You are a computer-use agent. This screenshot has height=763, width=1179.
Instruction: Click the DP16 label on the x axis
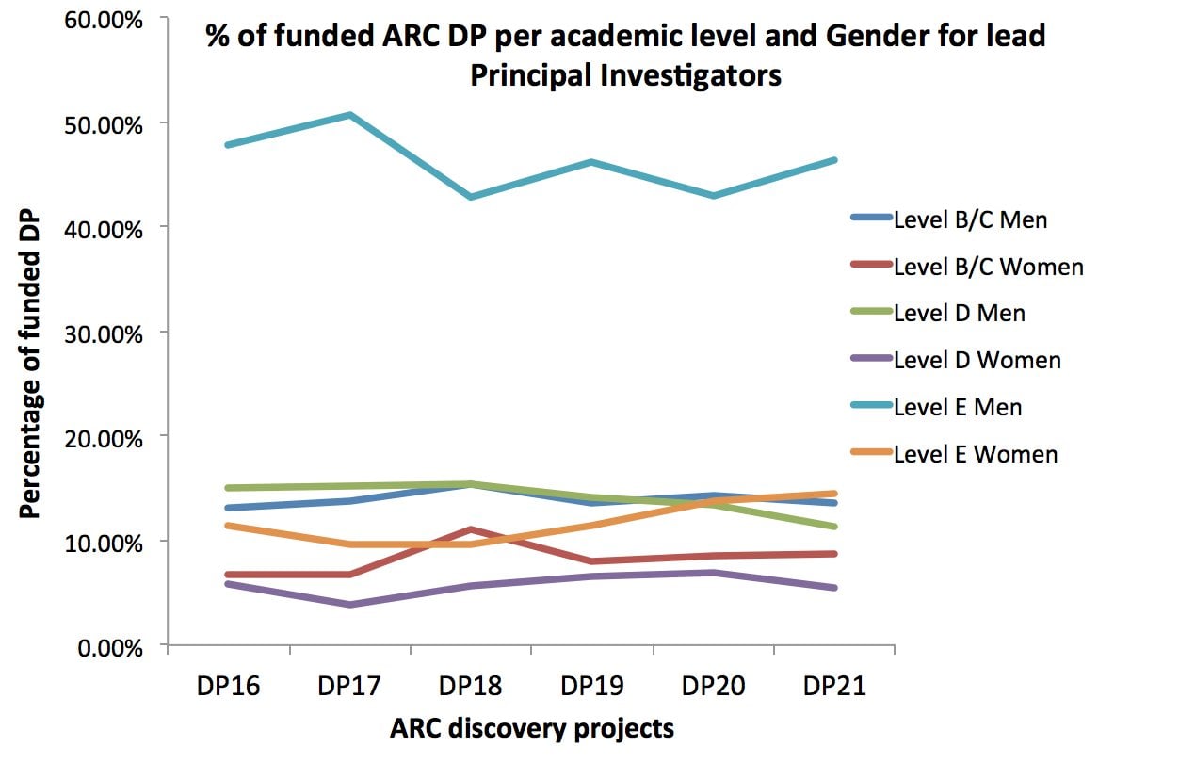click(x=228, y=686)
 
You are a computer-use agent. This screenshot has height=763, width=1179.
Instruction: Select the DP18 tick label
click(x=470, y=686)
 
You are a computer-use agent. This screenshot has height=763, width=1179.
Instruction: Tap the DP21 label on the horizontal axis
click(x=834, y=686)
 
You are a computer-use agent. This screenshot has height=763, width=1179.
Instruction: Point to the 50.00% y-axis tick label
click(x=104, y=124)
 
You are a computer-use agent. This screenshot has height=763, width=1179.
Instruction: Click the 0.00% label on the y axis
click(x=109, y=647)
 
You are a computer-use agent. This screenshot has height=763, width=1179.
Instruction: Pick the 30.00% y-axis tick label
click(x=104, y=333)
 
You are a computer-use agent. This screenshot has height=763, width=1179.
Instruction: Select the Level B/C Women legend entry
click(x=988, y=267)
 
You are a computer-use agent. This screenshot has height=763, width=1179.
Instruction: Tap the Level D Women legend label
click(x=977, y=360)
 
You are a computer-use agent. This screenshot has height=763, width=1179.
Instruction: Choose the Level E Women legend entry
click(x=975, y=454)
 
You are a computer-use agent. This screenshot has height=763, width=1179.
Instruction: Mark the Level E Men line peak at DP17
click(x=349, y=115)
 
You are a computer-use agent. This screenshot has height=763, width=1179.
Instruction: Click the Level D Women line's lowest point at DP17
click(x=349, y=605)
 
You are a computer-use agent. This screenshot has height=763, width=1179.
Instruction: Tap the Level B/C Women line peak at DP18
click(x=470, y=529)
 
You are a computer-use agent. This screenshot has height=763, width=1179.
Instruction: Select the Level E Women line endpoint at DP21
click(x=834, y=493)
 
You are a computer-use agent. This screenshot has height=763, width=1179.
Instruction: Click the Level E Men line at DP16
click(x=228, y=145)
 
